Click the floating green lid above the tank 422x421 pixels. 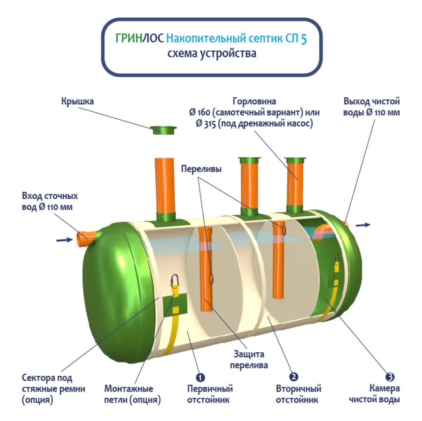[163, 130]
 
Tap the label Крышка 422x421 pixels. [77, 102]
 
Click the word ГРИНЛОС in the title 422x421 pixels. [140, 38]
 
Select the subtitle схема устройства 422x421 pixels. [212, 53]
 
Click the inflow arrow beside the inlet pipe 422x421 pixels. [65, 240]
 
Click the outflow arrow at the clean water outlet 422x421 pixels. [363, 225]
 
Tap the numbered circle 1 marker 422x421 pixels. [200, 377]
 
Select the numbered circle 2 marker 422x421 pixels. [293, 377]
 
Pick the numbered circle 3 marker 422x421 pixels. [390, 377]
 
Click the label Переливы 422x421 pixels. [201, 169]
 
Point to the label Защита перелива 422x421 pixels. [249, 359]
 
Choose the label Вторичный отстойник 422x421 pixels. [298, 394]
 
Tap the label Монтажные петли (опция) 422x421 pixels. [133, 394]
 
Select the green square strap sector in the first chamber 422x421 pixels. [175, 305]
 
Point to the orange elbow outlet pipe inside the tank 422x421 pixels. [322, 232]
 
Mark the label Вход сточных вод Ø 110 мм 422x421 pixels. [50, 201]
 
